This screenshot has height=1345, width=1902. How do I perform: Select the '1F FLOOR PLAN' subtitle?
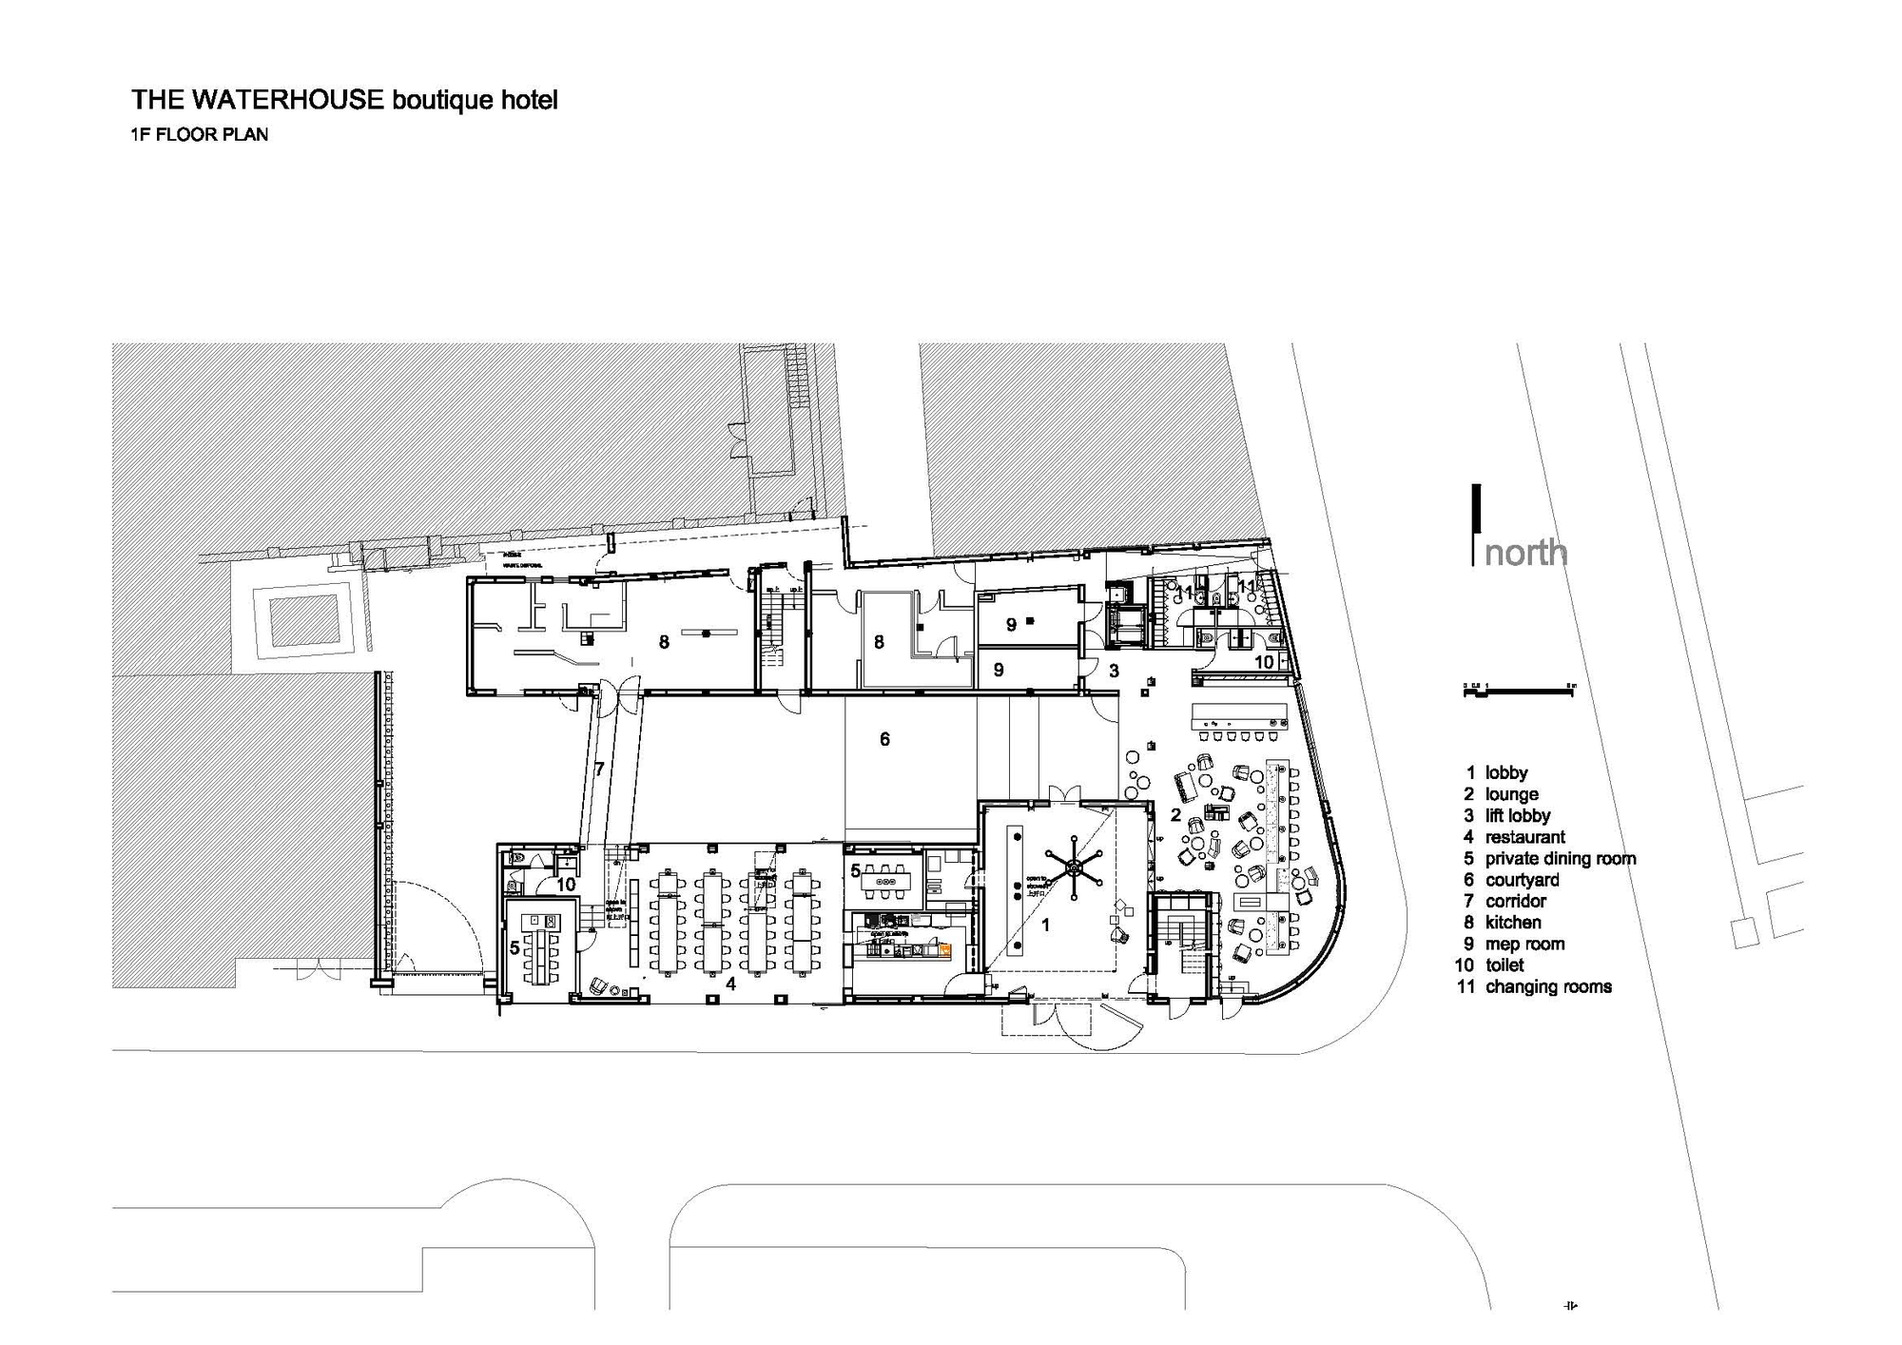click(x=200, y=134)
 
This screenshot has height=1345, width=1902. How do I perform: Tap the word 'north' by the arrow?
click(x=1525, y=553)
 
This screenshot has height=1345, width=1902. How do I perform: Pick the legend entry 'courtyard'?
click(x=1522, y=880)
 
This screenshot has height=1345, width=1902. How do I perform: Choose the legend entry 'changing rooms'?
click(x=1547, y=986)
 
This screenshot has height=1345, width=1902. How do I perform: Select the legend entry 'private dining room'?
click(x=1560, y=858)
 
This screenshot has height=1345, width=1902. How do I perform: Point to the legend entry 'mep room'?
click(x=1524, y=944)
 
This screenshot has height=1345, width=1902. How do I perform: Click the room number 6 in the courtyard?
click(x=884, y=739)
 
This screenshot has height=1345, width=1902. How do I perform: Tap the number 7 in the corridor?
click(x=599, y=769)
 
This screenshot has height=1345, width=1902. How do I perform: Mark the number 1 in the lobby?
click(x=1045, y=924)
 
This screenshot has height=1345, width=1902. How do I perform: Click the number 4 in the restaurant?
click(x=730, y=984)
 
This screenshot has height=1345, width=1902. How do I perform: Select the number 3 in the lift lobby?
click(x=1114, y=671)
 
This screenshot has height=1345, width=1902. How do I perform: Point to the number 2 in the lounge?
click(x=1175, y=815)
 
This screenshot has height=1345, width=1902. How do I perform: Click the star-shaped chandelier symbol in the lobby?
click(x=1074, y=866)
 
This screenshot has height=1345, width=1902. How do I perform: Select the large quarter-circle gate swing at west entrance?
click(x=437, y=927)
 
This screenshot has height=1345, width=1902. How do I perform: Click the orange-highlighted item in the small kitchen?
click(x=944, y=947)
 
